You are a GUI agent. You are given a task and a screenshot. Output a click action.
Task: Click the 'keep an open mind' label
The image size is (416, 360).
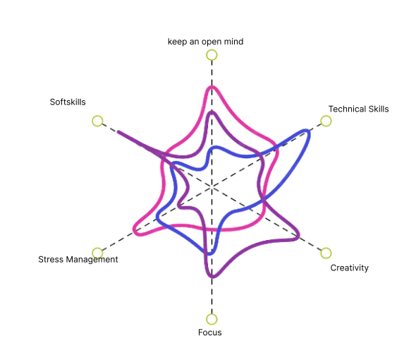pos(206,42)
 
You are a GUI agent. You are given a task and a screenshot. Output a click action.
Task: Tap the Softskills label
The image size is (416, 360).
pos(68,102)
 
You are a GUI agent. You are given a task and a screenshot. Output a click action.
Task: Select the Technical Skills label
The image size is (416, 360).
pos(359,109)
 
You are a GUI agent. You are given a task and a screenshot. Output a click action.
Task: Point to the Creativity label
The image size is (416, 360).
pos(350,268)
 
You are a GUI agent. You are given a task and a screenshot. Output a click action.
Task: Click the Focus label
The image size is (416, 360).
pos(210,332)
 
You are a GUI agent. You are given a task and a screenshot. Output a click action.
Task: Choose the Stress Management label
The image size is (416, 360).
pos(78,259)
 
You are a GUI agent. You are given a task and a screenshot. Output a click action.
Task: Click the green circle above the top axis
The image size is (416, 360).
pos(212,55)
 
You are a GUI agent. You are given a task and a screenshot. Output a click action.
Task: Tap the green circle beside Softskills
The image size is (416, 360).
pos(97,121)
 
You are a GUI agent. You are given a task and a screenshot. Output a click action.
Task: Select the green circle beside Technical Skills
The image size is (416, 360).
pos(326,121)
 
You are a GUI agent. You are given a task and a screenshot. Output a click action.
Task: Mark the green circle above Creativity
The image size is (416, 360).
pos(326,253)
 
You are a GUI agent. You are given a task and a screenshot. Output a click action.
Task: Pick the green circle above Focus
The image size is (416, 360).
pos(212,319)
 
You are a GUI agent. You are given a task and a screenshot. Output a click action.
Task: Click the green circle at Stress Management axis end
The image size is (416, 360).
pos(97,253)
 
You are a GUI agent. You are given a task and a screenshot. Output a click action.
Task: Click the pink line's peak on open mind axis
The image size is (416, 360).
pos(212,87)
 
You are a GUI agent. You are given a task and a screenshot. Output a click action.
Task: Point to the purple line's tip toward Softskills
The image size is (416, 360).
pos(118,132)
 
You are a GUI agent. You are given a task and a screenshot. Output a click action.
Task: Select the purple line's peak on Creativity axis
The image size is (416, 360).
pos(298,236)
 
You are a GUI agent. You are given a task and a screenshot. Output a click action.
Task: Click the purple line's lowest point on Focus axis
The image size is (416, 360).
pos(212,277)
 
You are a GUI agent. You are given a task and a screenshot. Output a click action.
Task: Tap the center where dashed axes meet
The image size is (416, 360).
pos(212,187)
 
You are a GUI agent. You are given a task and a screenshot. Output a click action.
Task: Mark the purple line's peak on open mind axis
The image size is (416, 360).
pos(212,113)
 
